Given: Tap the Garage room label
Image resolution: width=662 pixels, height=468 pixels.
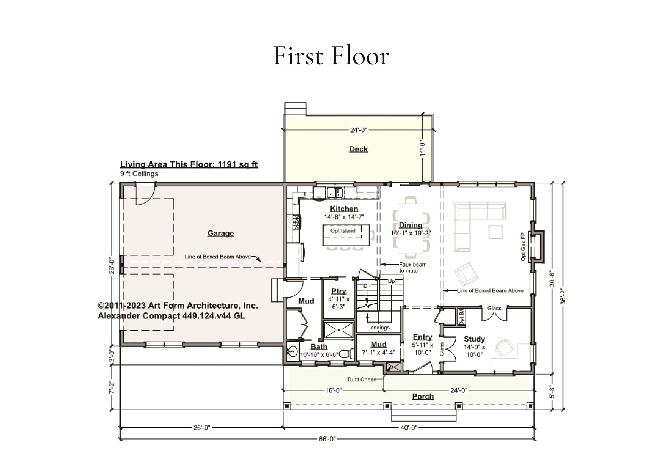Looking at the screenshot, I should pyautogui.click(x=221, y=233).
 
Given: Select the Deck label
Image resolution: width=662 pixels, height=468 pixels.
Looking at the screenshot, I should pyautogui.click(x=358, y=149).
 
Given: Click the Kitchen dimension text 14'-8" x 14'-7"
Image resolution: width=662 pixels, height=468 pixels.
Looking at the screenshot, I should pyautogui.click(x=344, y=217).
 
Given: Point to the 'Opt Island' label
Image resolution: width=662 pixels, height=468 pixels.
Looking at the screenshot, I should pyautogui.click(x=343, y=231).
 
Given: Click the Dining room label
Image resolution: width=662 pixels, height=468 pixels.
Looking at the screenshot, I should pyautogui.click(x=411, y=225).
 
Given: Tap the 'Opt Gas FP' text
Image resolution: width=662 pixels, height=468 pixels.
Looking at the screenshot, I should pyautogui.click(x=523, y=246).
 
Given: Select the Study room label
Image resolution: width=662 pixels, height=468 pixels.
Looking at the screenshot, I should pyautogui.click(x=474, y=339).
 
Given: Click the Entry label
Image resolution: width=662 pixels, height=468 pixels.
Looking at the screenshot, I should pyautogui.click(x=422, y=337).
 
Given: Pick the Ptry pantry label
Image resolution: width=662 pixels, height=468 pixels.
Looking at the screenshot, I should pyautogui.click(x=339, y=291).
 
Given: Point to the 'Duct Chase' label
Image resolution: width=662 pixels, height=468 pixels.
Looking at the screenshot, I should pyautogui.click(x=362, y=379).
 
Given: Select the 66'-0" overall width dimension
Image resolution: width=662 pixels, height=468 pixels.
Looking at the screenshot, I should pyautogui.click(x=327, y=439).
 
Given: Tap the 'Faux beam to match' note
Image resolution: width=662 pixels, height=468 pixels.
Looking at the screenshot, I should pyautogui.click(x=412, y=267).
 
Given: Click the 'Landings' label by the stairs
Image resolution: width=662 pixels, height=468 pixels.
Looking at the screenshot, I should pyautogui.click(x=378, y=328).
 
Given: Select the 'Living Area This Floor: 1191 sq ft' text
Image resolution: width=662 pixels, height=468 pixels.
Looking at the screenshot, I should pyautogui.click(x=189, y=164).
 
